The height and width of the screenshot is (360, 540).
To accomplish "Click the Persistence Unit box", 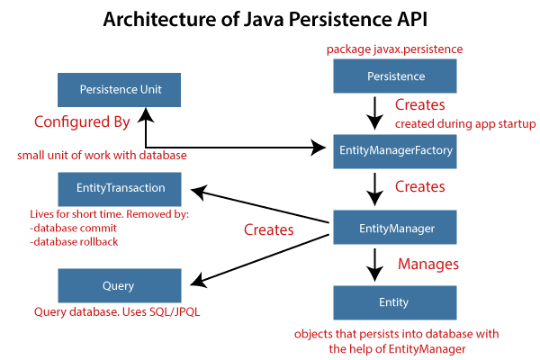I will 118,90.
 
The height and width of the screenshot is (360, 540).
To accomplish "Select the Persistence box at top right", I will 396,77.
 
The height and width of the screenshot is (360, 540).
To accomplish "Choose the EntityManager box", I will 396,229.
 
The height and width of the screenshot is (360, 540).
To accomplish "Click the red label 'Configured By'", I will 82,121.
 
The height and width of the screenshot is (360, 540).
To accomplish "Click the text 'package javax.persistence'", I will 397,49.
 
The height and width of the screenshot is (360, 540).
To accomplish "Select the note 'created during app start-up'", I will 466,124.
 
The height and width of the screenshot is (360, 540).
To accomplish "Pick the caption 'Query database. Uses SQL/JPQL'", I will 117,312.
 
